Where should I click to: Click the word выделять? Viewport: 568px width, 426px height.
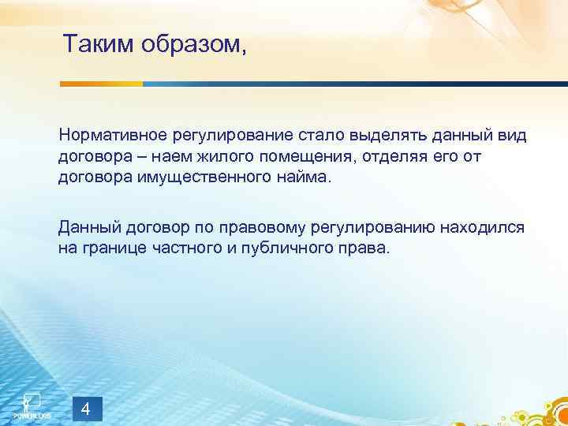[379, 136]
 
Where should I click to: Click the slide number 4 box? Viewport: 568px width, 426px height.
[86, 409]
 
